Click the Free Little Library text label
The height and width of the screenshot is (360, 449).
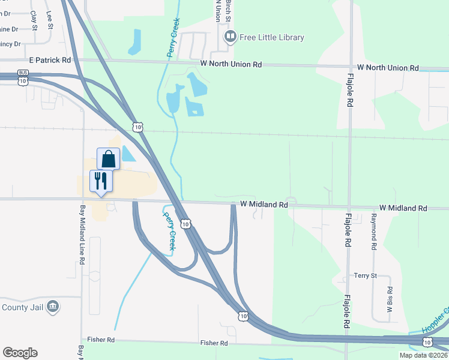[272, 37]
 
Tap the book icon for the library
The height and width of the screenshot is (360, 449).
[230, 37]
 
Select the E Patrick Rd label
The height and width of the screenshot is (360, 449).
[50, 60]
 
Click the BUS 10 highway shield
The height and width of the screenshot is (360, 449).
[23, 79]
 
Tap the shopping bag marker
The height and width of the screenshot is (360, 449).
[108, 159]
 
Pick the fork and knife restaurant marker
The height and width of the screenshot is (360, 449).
[100, 181]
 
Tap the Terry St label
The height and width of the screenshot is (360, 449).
[365, 275]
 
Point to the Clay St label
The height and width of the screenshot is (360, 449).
[34, 20]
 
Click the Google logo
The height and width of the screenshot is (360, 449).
[20, 353]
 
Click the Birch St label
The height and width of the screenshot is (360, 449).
[228, 11]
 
